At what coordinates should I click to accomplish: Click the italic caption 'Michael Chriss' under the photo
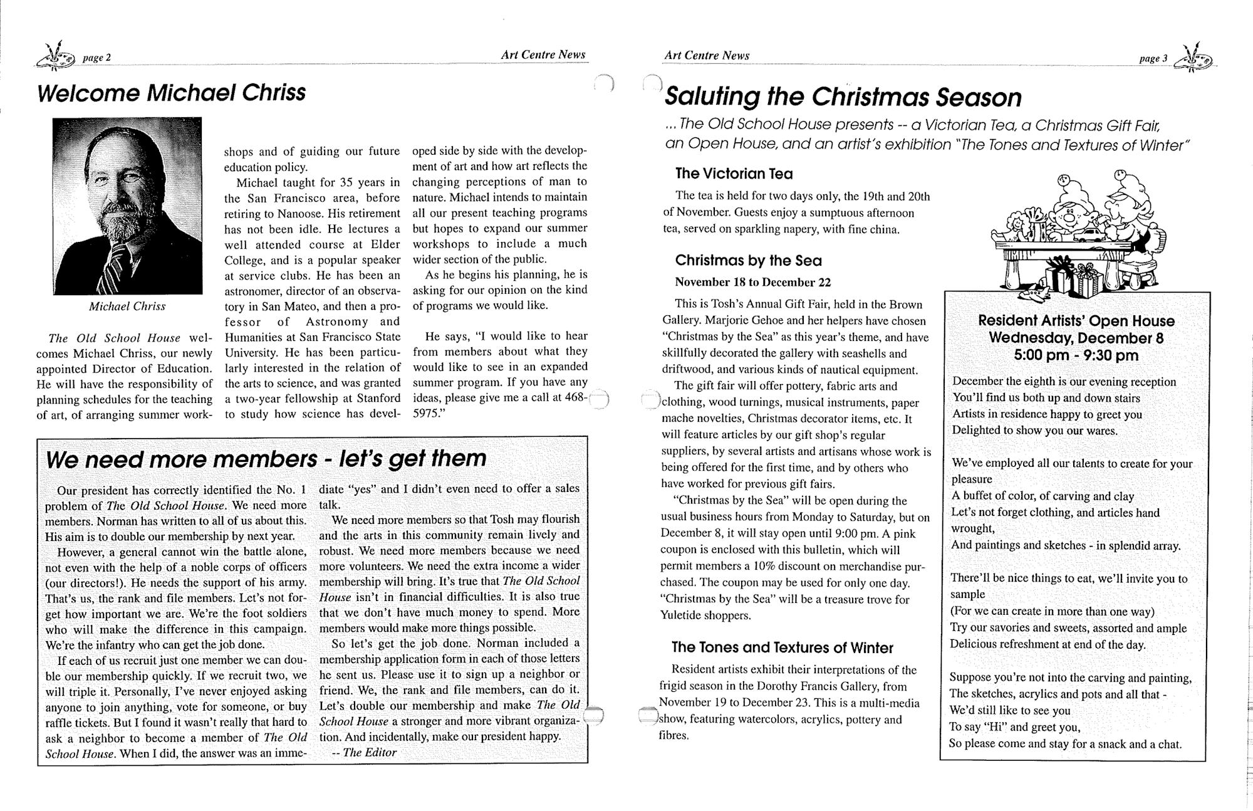127,306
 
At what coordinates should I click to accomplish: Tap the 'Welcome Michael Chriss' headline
171,93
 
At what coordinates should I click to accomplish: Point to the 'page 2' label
97,58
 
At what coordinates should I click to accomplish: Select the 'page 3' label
1153,59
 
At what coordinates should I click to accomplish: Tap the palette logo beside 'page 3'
1194,58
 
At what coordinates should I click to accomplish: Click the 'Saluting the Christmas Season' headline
843,97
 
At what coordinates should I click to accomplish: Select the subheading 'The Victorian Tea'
734,174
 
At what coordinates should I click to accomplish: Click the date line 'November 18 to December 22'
753,282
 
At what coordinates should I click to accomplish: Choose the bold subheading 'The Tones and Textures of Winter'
782,647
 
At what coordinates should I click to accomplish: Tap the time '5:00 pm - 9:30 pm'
1076,356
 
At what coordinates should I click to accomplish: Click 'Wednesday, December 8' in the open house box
1076,338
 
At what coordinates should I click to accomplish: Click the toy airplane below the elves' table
1034,293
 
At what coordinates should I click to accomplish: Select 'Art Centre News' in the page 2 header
543,55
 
